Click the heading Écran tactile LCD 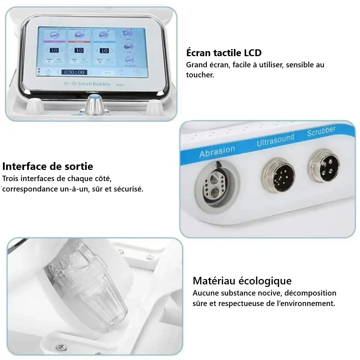coord(224,53)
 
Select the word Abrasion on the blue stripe coord(217,151)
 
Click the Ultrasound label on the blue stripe coord(275,140)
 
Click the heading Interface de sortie coord(48,166)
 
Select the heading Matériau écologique coord(242,280)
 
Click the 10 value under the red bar coord(79,50)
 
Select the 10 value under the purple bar coord(54,50)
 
